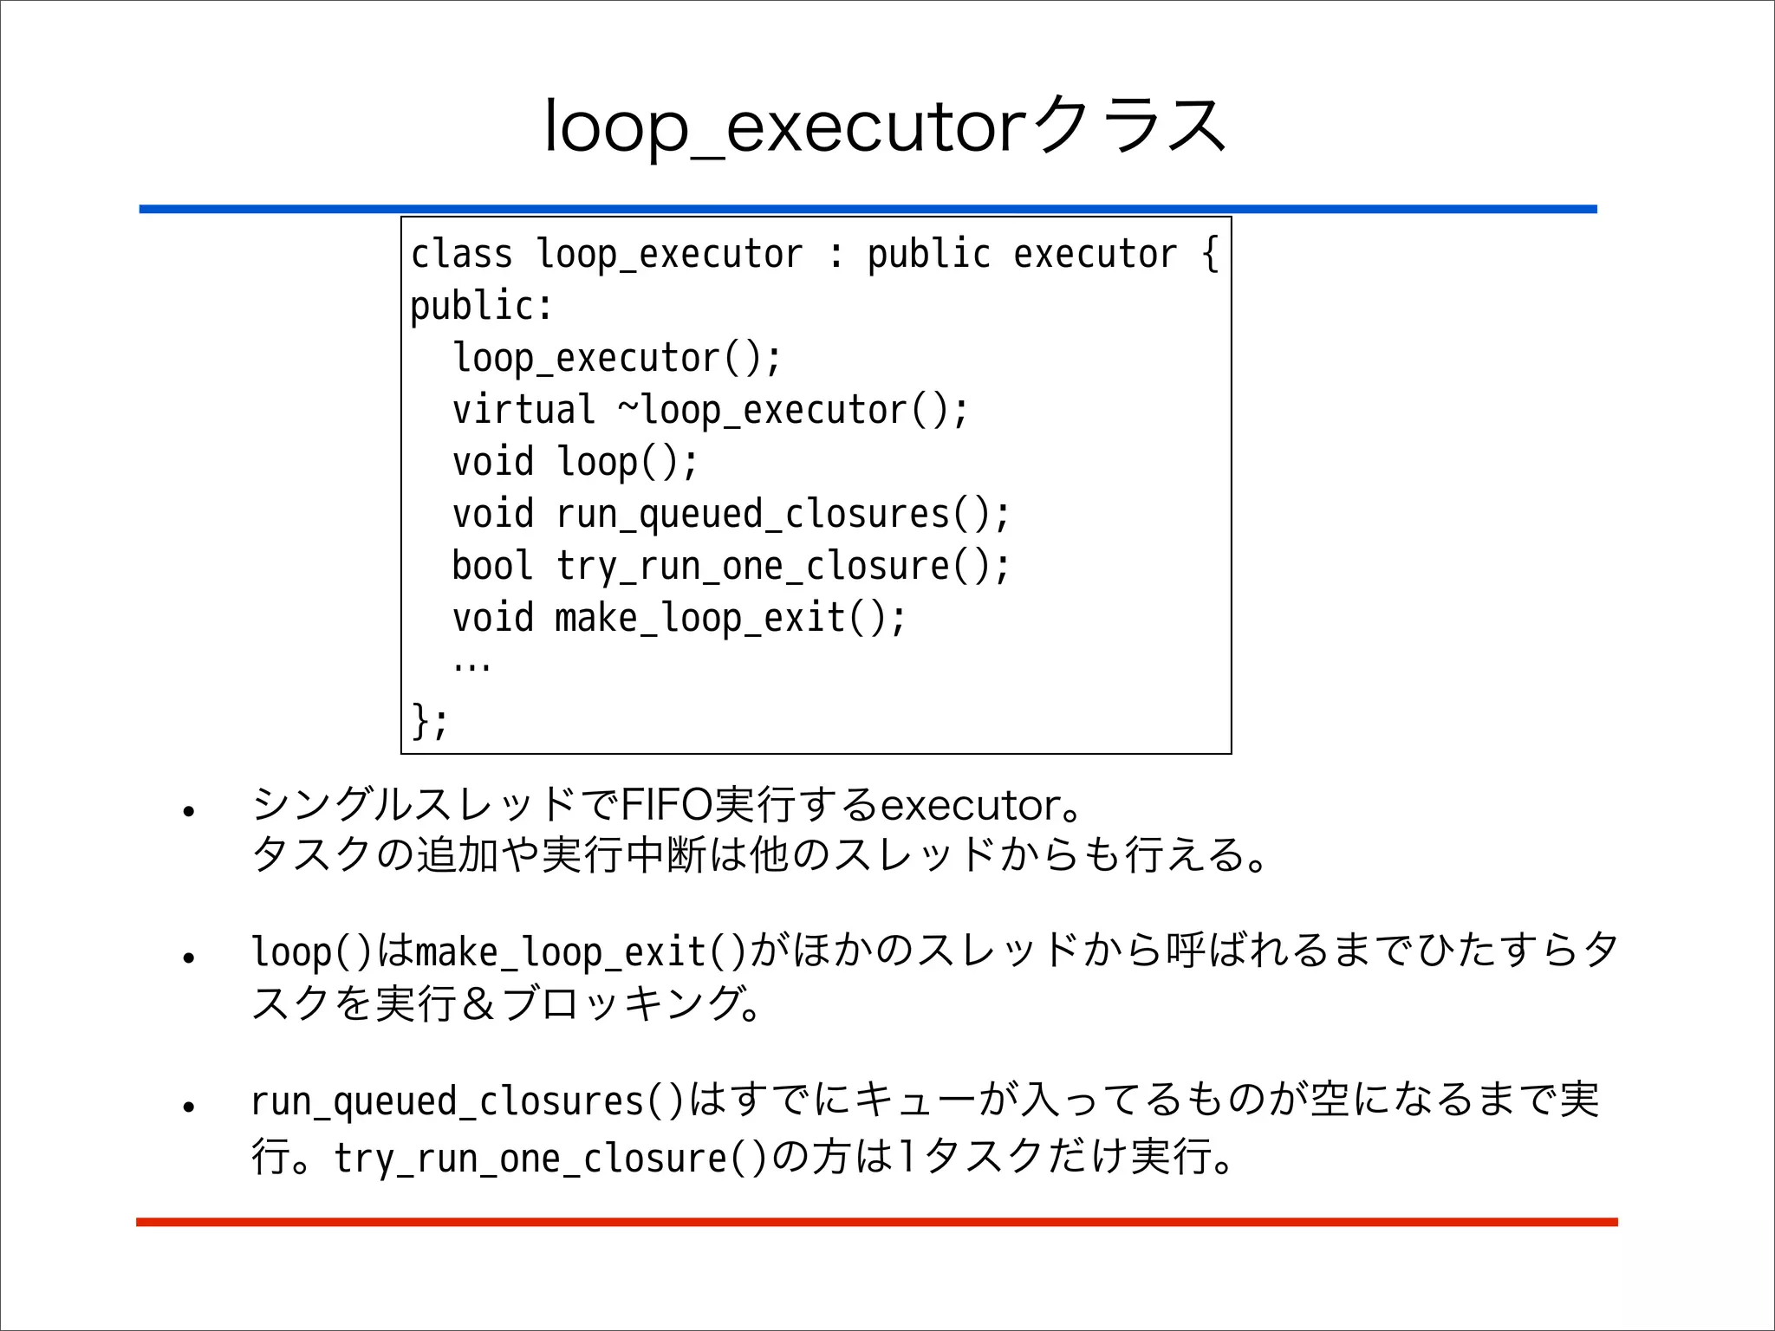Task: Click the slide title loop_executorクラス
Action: [x=884, y=127]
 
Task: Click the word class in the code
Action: [x=461, y=255]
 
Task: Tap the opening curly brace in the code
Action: [x=1210, y=255]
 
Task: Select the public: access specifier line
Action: [x=481, y=307]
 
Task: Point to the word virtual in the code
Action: [x=523, y=410]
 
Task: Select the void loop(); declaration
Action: [x=575, y=462]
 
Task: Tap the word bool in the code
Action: [x=491, y=566]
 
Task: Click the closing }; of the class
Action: [x=430, y=720]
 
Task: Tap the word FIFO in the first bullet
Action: [x=666, y=805]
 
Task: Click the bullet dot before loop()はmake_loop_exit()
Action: [x=188, y=958]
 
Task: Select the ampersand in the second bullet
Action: [x=478, y=1004]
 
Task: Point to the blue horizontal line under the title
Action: [x=868, y=209]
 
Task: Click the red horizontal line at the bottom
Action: [x=876, y=1222]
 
